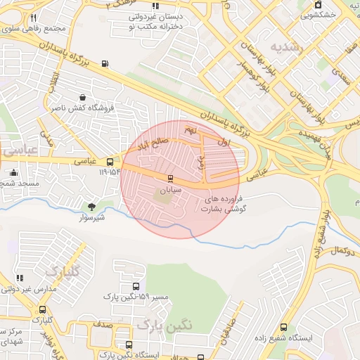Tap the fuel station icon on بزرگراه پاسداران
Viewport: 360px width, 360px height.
(105, 64)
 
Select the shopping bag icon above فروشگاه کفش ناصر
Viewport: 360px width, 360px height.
(83, 97)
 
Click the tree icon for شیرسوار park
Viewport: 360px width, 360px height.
(91, 206)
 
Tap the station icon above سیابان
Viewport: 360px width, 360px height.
(169, 179)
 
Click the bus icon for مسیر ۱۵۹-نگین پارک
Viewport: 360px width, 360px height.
(136, 287)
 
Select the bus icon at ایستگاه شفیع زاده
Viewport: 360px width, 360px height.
(283, 327)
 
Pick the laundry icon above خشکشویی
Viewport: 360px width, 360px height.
(317, 5)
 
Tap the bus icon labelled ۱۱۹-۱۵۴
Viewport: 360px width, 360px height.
(109, 162)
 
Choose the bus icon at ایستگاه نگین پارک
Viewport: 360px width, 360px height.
(129, 345)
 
